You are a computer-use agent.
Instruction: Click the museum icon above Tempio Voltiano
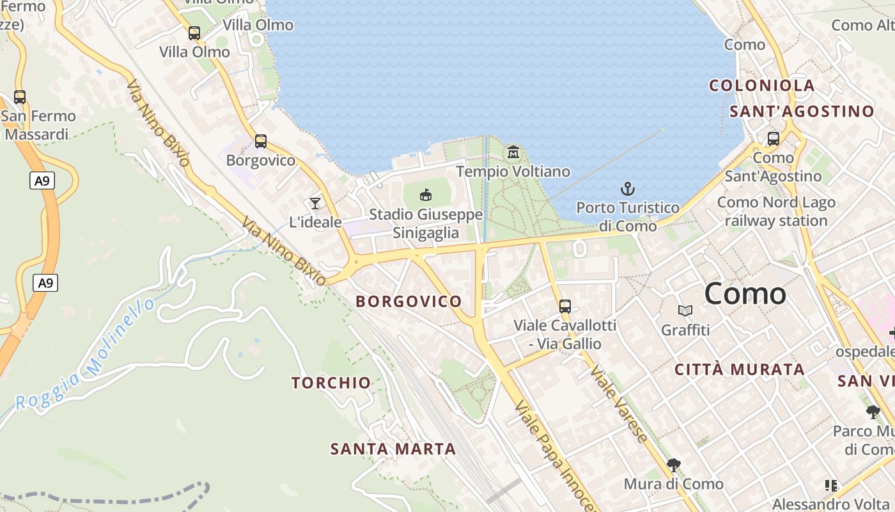[513, 152]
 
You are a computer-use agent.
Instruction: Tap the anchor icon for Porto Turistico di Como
[628, 189]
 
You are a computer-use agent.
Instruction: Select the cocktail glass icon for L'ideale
[315, 204]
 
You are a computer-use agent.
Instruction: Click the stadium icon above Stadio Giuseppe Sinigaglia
[426, 195]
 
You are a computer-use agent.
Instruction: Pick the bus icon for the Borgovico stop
[261, 141]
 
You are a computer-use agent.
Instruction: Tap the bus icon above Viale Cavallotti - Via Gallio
[565, 306]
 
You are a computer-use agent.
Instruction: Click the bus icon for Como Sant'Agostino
[774, 138]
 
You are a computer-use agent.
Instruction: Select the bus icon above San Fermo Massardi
[20, 97]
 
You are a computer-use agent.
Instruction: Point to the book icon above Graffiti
[685, 311]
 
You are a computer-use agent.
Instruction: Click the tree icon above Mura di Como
[673, 465]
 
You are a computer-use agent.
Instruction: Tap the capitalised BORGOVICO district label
[409, 301]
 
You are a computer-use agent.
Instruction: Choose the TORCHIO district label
[331, 383]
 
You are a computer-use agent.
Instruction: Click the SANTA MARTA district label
[393, 449]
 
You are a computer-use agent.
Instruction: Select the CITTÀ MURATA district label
[740, 369]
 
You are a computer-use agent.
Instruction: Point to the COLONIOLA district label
[762, 86]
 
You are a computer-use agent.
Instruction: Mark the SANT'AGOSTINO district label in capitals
[802, 111]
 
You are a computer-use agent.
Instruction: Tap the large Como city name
[745, 294]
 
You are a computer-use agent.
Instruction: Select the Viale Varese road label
[618, 404]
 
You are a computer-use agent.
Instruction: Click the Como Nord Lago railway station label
[776, 212]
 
